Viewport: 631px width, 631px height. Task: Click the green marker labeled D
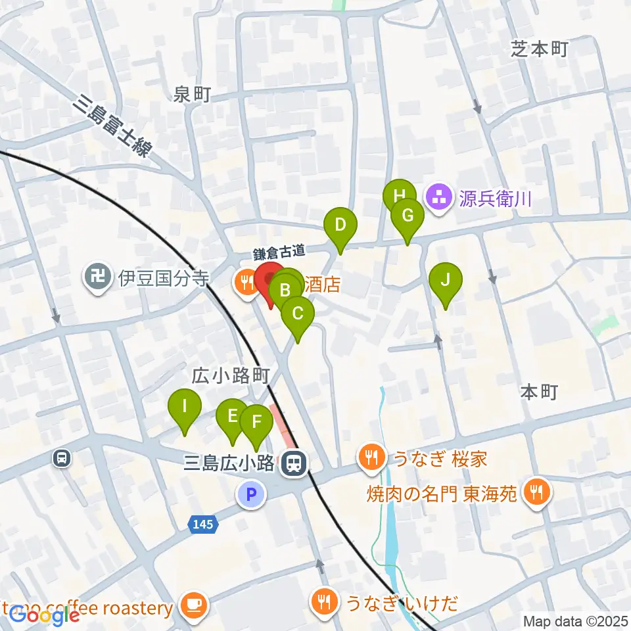click(340, 225)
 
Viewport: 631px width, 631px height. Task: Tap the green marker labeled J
click(445, 281)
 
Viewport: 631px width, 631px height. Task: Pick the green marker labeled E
click(232, 416)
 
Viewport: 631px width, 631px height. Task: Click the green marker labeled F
click(256, 421)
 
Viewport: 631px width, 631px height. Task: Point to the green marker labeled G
click(407, 216)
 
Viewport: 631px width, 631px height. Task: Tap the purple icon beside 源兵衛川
click(438, 197)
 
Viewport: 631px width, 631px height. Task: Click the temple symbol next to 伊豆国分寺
click(98, 278)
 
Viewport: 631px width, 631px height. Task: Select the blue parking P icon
click(251, 493)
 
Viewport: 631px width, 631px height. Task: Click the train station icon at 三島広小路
click(292, 465)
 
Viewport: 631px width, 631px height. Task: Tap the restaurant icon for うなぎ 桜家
click(372, 458)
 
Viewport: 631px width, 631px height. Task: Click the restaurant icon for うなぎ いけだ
click(323, 601)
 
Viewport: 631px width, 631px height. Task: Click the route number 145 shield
click(202, 524)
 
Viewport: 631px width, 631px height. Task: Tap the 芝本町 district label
click(538, 49)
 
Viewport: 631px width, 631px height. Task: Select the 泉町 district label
click(193, 95)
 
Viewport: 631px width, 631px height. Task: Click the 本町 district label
click(538, 392)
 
